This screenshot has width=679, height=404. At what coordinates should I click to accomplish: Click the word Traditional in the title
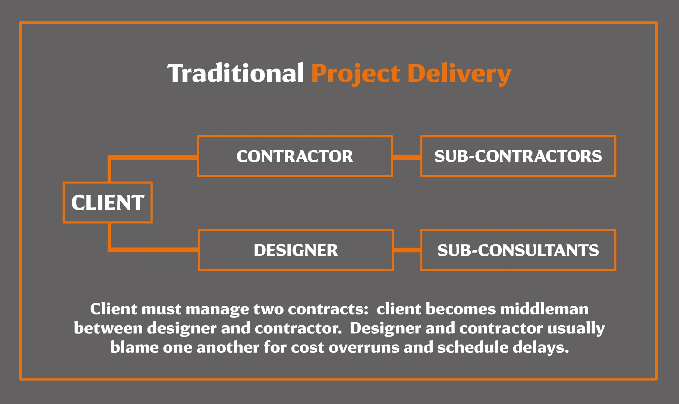pos(235,73)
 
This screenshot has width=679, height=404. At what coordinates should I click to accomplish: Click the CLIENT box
pos(108,203)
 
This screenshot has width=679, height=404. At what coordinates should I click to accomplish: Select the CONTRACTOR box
pos(295,156)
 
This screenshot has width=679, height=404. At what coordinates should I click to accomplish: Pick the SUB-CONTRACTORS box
pos(518,156)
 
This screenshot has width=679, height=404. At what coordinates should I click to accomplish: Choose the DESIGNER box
pos(296,250)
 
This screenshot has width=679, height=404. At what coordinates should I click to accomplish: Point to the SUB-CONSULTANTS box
pos(518,250)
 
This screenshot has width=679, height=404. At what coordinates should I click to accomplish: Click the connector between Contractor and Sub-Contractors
pos(407,157)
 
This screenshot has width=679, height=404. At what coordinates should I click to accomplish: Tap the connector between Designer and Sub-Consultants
pos(407,250)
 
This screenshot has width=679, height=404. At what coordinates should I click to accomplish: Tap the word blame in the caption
pos(134,347)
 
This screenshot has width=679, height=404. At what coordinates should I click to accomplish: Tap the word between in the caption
pos(108,328)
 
